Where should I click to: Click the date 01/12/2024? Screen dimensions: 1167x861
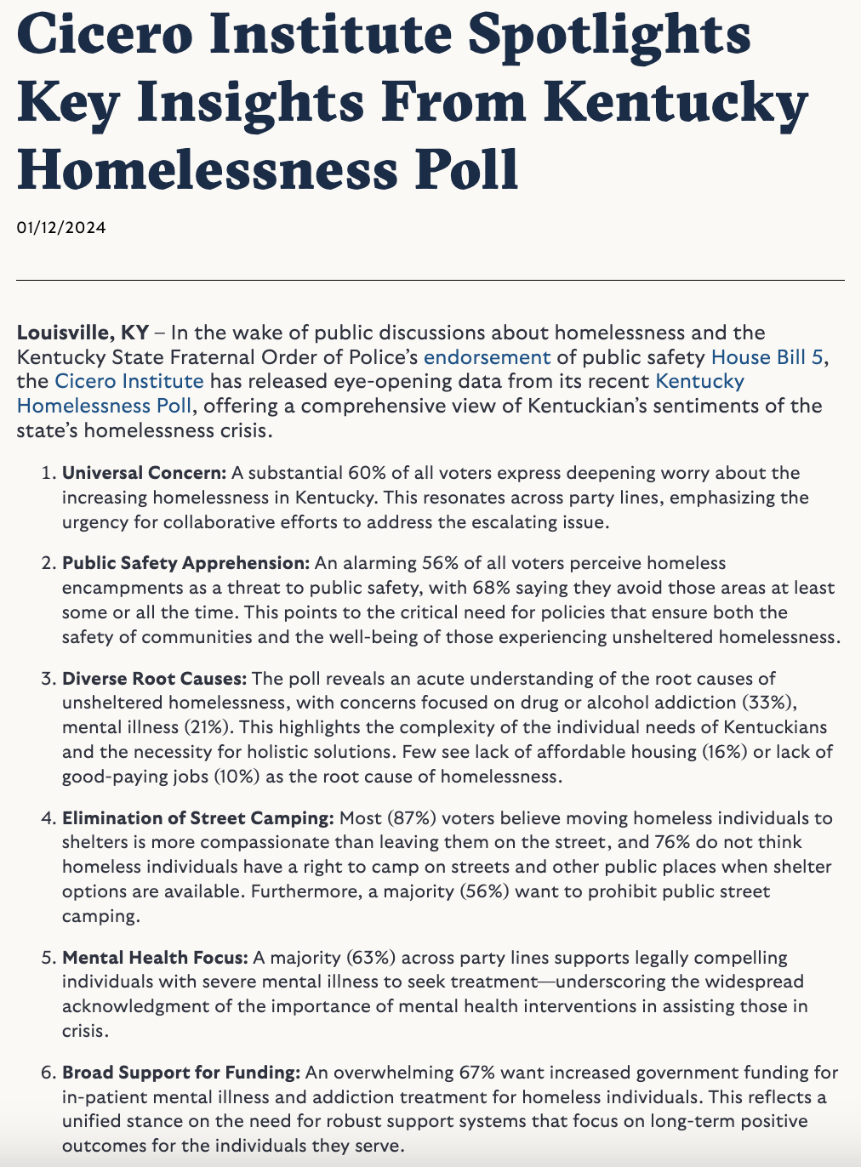(x=61, y=227)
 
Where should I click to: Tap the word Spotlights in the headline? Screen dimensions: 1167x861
(x=610, y=36)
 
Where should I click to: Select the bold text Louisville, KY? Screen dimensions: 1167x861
(x=83, y=332)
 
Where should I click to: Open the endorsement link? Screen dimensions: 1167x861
(x=488, y=356)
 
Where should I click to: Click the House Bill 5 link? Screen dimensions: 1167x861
(x=767, y=356)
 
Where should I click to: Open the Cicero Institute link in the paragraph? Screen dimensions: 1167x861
(x=129, y=381)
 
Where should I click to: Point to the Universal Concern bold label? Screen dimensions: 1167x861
(x=144, y=472)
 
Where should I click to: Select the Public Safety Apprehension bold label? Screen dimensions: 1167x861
(x=185, y=563)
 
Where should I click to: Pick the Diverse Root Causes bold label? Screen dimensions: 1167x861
(x=154, y=679)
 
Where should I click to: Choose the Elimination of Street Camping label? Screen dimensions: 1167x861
(x=197, y=818)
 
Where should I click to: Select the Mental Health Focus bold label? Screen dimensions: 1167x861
(x=155, y=958)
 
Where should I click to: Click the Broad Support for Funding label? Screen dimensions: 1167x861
(x=180, y=1073)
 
